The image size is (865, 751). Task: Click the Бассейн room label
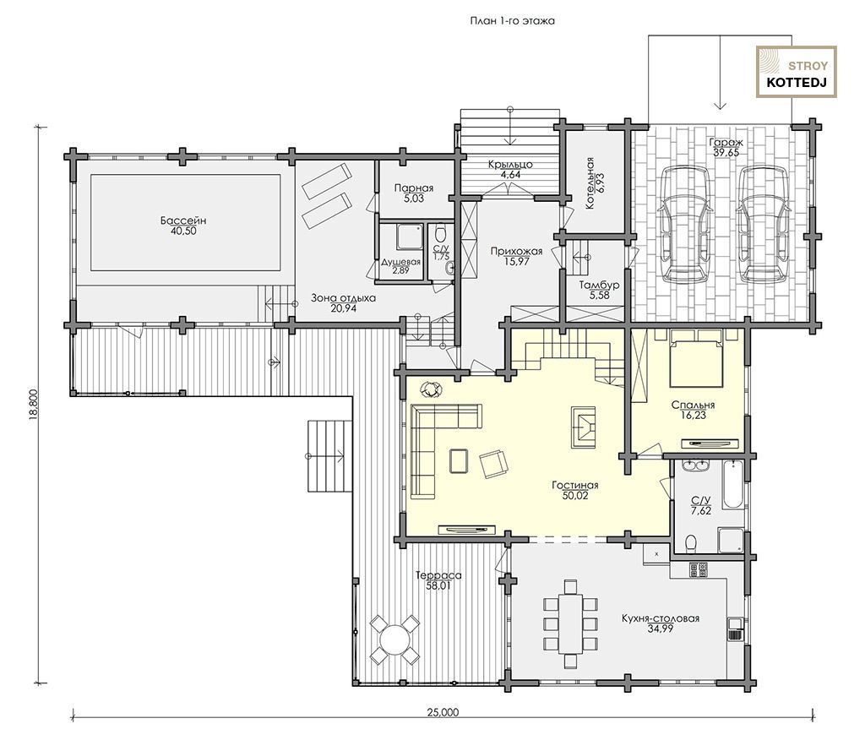[183, 220]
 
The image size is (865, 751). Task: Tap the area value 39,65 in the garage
[726, 153]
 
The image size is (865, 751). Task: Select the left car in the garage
[684, 224]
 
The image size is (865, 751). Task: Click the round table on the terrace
[394, 639]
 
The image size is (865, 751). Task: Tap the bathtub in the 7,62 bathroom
[733, 484]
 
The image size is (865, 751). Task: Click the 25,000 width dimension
[443, 712]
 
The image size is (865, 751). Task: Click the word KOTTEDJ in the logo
[797, 84]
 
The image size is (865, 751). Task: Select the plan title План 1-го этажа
[512, 21]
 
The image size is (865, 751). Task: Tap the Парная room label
[414, 188]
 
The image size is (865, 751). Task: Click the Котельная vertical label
[590, 182]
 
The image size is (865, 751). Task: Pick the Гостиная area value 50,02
[575, 496]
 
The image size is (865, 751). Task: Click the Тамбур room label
[599, 286]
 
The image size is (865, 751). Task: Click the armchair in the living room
[494, 464]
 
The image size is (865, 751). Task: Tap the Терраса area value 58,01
[438, 585]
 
